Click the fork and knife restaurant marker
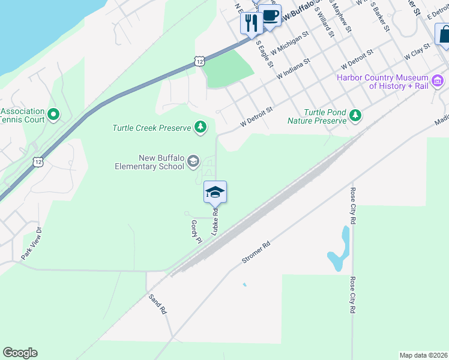(x=250, y=23)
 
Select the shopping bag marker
(x=444, y=34)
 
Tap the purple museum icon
(x=438, y=80)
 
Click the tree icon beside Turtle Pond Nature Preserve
(x=356, y=115)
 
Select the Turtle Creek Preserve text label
(x=151, y=127)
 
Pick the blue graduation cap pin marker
(x=215, y=193)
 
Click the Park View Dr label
(x=32, y=243)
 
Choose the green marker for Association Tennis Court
(x=53, y=113)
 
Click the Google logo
(x=20, y=353)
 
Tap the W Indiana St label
(x=294, y=69)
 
